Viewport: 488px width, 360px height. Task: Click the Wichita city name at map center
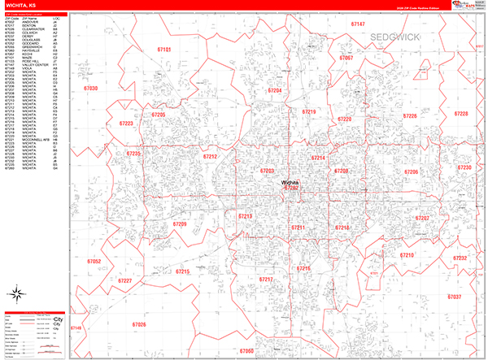[x=290, y=182]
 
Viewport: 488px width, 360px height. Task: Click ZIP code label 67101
[x=163, y=50]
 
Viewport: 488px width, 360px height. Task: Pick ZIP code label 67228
[x=461, y=115]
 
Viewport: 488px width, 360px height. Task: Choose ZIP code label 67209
[x=180, y=223]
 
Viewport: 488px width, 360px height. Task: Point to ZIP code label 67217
[x=266, y=279]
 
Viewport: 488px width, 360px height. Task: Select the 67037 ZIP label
[x=454, y=297]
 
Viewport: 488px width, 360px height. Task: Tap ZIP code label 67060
[x=246, y=351]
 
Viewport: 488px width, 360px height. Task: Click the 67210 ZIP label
[x=407, y=256]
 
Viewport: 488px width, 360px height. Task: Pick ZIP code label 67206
[x=412, y=172]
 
